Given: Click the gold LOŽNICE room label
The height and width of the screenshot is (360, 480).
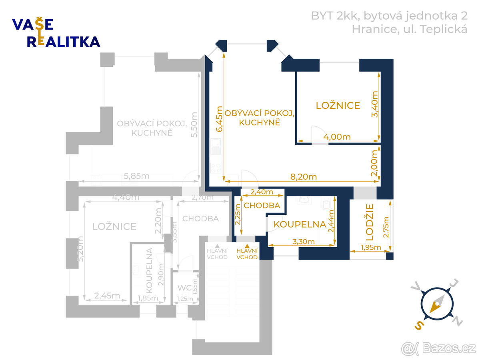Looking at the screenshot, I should click(338, 106).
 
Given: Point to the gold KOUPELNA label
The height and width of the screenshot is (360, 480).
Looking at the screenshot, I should click(300, 224).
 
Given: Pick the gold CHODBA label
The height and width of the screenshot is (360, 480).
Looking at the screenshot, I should click(262, 206).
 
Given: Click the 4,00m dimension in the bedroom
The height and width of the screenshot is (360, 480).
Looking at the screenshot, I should click(337, 137).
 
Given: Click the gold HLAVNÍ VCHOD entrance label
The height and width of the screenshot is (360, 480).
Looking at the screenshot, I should click(247, 254).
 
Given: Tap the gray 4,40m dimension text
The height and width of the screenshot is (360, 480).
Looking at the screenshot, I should click(126, 197).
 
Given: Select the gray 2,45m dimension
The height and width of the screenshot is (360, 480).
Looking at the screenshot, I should click(107, 296).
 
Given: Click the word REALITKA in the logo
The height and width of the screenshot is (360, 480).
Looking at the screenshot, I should click(64, 42).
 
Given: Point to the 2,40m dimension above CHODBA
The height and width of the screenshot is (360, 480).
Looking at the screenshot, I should click(262, 192).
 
